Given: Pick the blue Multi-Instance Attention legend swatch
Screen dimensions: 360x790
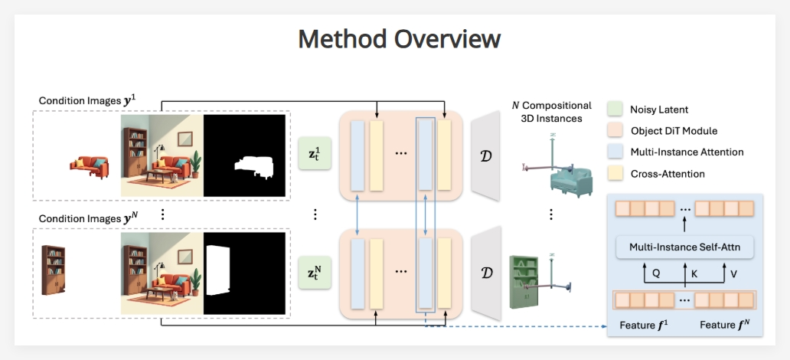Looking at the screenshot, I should pyautogui.click(x=618, y=152).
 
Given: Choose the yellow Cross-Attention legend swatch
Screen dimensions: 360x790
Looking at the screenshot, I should pyautogui.click(x=618, y=174).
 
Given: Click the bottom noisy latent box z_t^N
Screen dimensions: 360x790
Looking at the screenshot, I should pyautogui.click(x=315, y=273).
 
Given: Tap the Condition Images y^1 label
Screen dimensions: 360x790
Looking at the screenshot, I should pyautogui.click(x=87, y=101).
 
